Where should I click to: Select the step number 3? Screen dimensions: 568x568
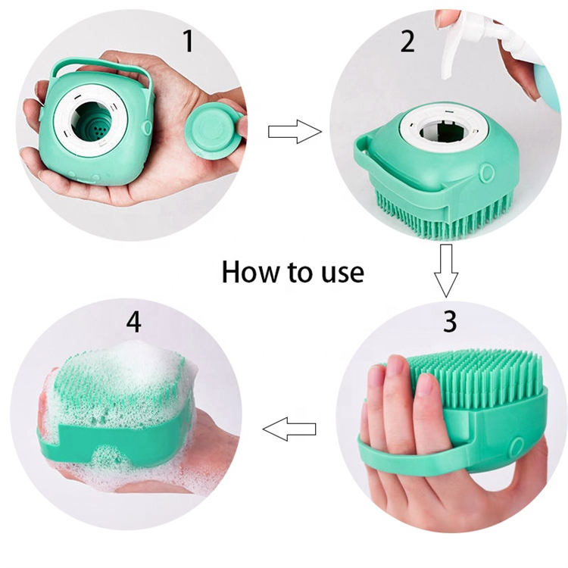click(450, 320)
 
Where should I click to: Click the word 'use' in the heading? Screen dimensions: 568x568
click(341, 273)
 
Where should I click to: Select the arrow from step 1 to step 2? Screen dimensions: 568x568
click(294, 132)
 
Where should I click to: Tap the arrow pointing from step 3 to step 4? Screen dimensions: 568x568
click(289, 430)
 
